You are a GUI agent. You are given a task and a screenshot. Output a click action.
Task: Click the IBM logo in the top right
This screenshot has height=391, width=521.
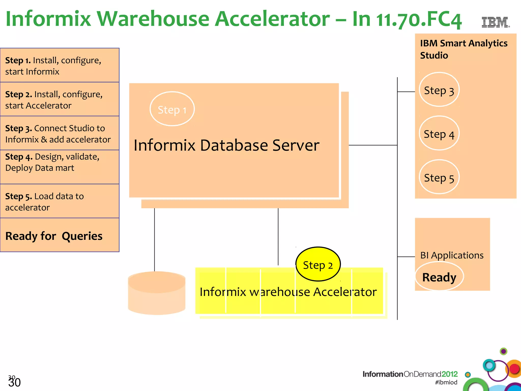tap(495, 22)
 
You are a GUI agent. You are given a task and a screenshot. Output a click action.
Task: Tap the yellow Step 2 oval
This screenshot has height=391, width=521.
tap(318, 264)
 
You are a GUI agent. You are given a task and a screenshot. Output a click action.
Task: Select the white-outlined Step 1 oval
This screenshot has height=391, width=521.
tap(172, 109)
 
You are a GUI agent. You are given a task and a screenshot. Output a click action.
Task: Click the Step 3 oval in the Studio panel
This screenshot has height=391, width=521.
tap(439, 90)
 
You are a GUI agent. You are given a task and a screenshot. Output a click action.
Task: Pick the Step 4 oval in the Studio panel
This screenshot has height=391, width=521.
tap(439, 133)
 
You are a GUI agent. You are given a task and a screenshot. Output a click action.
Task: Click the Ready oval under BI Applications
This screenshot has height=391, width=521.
tap(439, 277)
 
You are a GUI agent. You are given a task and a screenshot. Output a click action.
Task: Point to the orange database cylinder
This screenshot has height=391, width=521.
tap(157, 293)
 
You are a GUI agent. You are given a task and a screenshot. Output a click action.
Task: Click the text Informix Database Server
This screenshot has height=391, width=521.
tap(226, 145)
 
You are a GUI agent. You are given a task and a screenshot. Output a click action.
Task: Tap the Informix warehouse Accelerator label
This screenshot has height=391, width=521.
tap(288, 292)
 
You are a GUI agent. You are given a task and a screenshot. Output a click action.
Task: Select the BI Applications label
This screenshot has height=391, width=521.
tap(452, 255)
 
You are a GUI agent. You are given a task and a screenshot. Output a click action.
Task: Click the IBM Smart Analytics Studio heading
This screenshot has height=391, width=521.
tap(464, 49)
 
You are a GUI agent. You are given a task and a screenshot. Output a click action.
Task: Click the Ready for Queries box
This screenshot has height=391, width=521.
tap(54, 236)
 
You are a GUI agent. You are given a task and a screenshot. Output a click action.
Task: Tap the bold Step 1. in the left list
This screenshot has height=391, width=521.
tap(18, 61)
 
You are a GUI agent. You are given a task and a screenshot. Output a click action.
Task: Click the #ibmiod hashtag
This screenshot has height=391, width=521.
tap(446, 382)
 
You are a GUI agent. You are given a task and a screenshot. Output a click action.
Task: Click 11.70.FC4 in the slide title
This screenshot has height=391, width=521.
tap(418, 19)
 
